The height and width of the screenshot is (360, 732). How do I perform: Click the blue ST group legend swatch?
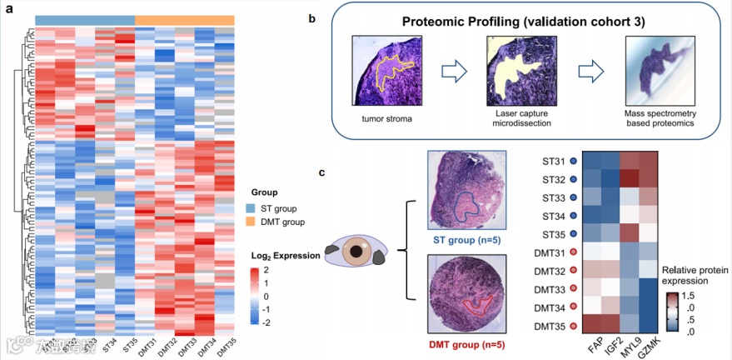[x=251, y=207]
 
